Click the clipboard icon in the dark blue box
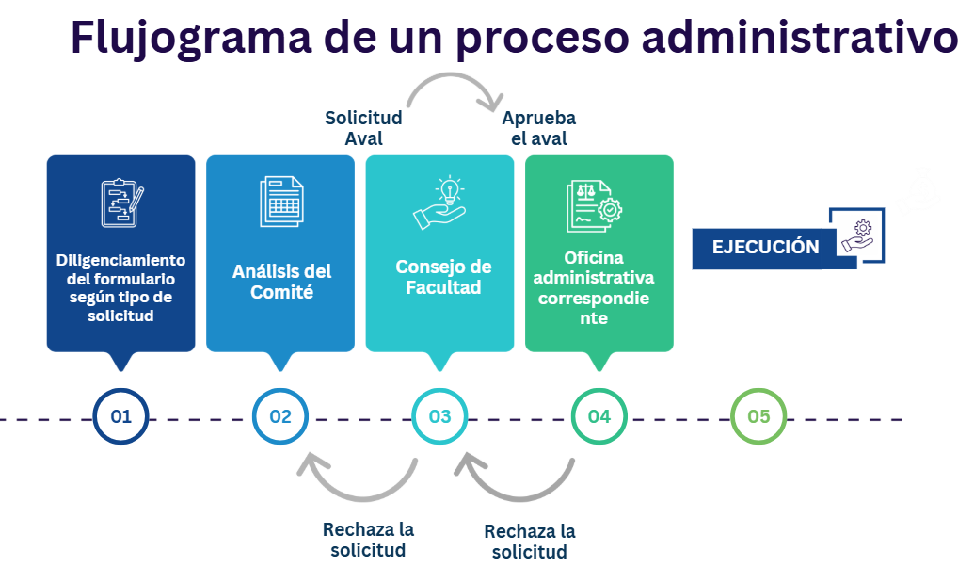(x=122, y=202)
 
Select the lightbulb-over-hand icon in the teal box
(x=439, y=202)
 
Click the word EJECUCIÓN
(x=765, y=247)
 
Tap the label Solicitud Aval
(x=363, y=128)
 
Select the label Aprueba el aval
(x=539, y=128)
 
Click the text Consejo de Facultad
(x=443, y=277)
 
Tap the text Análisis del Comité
(x=282, y=282)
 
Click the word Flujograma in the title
(x=191, y=38)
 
